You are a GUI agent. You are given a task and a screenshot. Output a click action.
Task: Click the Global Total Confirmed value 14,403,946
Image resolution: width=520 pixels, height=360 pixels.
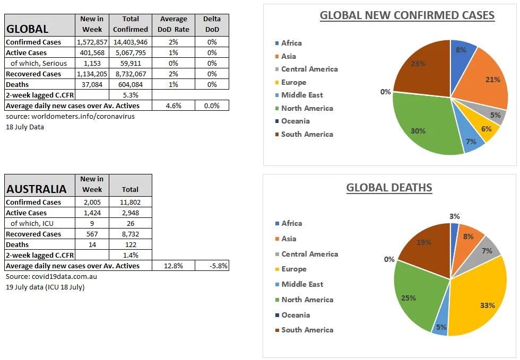pos(131,42)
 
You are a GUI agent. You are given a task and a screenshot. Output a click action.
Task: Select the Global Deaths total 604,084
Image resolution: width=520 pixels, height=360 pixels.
pos(131,84)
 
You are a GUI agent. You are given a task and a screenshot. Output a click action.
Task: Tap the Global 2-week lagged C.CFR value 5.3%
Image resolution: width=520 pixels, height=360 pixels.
pos(131,95)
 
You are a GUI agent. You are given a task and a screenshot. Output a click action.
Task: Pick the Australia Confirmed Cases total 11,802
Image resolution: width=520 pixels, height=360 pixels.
pos(131,202)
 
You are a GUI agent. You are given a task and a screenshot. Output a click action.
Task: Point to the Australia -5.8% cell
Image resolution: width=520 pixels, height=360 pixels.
pos(212,266)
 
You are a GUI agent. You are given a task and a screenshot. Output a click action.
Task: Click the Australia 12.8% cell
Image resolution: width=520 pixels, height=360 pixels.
pos(174,266)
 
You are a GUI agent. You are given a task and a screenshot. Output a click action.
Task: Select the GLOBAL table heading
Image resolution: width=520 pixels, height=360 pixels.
pos(27,29)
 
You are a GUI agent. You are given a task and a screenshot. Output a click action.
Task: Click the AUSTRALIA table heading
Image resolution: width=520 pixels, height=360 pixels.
pos(37,189)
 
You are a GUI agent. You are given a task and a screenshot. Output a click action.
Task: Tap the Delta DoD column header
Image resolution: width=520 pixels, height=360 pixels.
pos(212,24)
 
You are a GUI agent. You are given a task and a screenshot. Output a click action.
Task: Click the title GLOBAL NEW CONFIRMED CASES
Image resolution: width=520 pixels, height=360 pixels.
pos(407,15)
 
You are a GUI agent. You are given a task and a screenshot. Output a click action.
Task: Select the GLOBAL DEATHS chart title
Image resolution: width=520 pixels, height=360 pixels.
pos(389,188)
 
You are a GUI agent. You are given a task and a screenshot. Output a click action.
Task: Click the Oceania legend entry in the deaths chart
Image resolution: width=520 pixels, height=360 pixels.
pos(295,315)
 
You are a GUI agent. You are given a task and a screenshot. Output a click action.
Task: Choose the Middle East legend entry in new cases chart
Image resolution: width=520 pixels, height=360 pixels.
pos(301,95)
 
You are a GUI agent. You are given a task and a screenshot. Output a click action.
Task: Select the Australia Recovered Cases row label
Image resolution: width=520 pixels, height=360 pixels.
pos(33,234)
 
